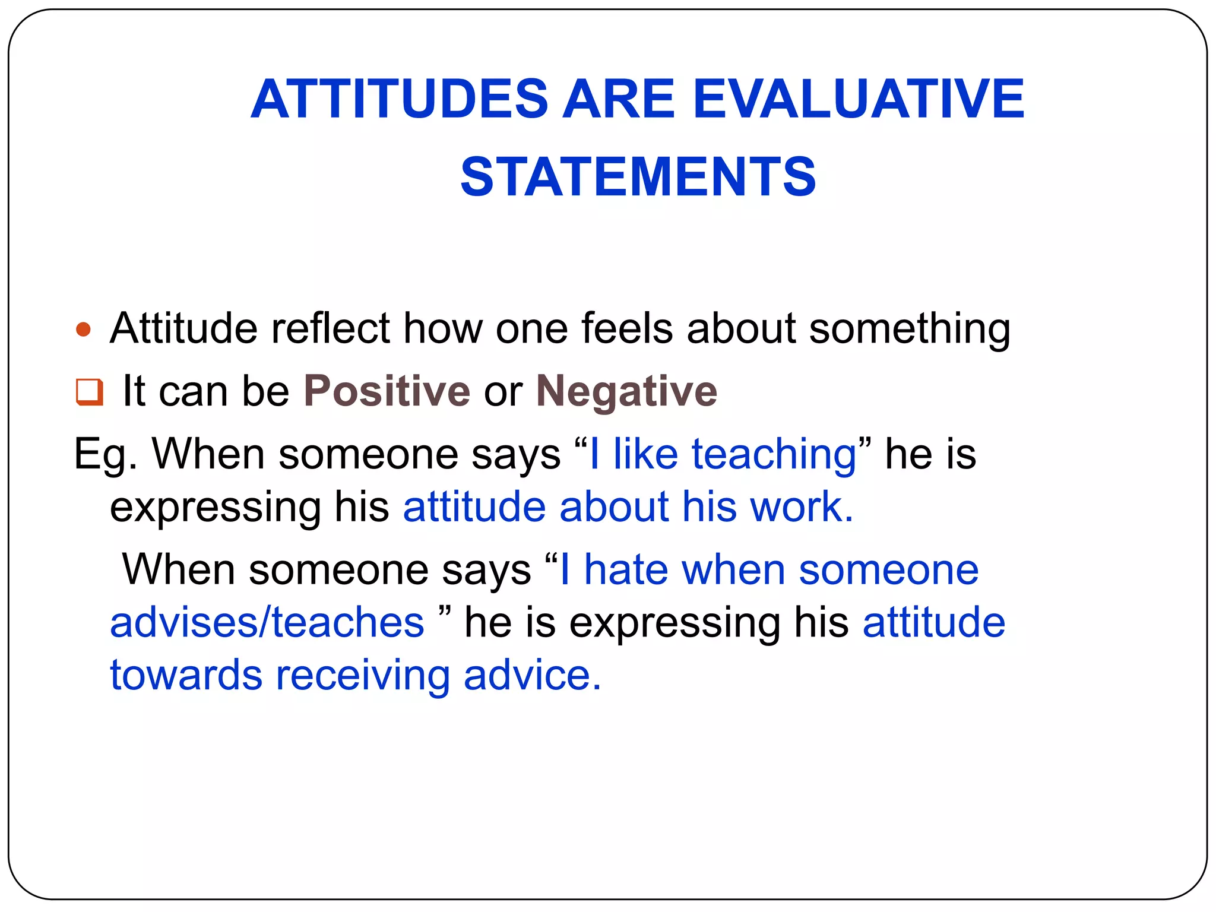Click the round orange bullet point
84,330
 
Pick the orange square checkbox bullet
89,392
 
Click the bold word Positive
387,391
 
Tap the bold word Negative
626,391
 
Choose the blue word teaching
774,454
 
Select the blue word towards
186,675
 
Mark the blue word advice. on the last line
532,675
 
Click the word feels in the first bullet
626,328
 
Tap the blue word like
645,454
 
